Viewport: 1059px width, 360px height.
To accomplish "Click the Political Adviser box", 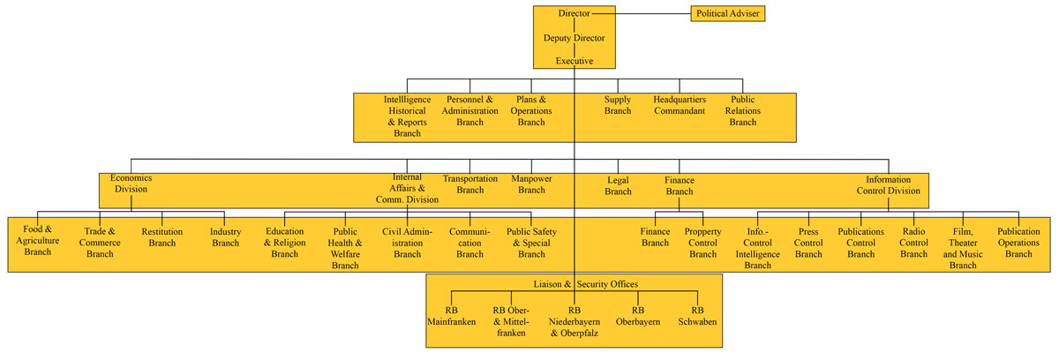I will coord(728,13).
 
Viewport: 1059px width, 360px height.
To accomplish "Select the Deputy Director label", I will coord(574,38).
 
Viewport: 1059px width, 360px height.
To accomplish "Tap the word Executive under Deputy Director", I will coord(574,61).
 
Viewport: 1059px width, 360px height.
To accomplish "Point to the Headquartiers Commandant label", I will coord(679,106).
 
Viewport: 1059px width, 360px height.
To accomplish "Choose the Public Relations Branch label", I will coord(742,111).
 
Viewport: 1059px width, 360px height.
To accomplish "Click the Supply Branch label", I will coord(618,106).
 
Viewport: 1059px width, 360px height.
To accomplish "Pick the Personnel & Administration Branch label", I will coord(469,111).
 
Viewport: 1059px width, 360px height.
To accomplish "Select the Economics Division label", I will coord(129,184).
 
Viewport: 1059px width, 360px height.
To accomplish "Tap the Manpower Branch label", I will coord(531,184).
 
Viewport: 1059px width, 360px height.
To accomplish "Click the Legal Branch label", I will coord(618,186).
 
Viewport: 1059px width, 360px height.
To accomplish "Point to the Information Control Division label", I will coord(894,184).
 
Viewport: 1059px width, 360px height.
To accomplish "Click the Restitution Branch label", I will coord(162,237).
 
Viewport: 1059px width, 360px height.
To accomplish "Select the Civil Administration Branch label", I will coord(407,243).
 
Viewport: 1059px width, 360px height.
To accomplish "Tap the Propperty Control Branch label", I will coord(702,243).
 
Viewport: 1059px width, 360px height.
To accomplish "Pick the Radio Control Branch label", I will coord(913,243).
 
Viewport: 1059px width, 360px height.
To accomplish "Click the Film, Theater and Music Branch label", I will coord(962,248).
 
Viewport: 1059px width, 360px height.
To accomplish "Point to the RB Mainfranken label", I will coord(451,317).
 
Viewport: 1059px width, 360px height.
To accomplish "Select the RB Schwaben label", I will coord(698,317).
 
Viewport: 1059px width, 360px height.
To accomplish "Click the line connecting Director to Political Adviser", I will coord(653,13).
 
